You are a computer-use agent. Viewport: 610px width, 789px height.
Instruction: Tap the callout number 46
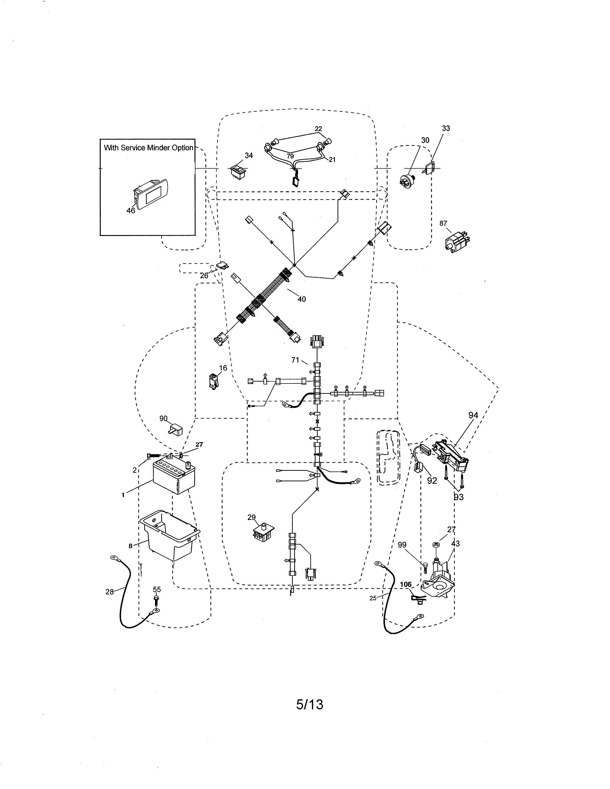coord(130,210)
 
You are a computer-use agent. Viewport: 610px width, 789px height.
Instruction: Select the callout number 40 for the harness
coord(301,299)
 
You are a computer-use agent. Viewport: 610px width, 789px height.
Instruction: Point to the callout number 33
coord(446,128)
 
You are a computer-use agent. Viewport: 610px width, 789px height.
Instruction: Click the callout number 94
coord(473,416)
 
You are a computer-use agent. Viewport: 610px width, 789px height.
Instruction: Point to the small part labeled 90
coord(176,430)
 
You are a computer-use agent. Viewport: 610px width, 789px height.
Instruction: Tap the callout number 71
coord(295,360)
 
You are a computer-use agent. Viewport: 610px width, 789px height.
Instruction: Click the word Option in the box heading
coord(183,148)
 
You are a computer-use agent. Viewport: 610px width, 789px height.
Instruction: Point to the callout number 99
coord(402,545)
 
